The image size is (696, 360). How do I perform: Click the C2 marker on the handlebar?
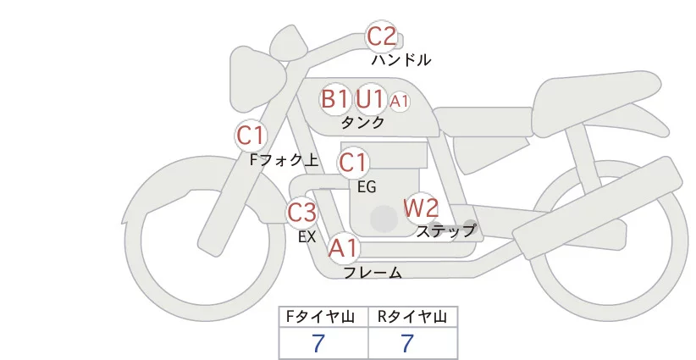click(x=381, y=36)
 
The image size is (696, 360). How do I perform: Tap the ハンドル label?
click(x=401, y=60)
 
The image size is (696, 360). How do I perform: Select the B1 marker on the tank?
click(x=335, y=99)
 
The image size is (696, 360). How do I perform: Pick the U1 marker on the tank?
click(x=370, y=99)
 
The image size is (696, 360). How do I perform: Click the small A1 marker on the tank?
click(x=400, y=101)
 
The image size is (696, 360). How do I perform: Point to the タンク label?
click(x=362, y=122)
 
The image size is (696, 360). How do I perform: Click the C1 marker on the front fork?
click(x=251, y=135)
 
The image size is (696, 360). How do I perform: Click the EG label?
click(x=367, y=186)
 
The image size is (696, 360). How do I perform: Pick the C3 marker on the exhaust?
click(x=302, y=212)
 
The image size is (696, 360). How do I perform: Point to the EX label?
click(x=307, y=237)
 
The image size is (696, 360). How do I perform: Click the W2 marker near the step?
click(x=421, y=208)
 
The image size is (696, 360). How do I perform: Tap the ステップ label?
click(x=445, y=230)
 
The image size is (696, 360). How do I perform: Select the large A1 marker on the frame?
click(x=344, y=248)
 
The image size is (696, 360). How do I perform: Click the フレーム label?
click(x=372, y=273)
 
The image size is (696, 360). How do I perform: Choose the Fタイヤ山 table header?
click(x=323, y=317)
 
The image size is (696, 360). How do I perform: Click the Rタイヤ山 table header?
click(x=412, y=317)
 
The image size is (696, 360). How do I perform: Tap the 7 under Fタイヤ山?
click(x=318, y=343)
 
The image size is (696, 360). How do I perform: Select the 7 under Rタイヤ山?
click(x=407, y=343)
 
